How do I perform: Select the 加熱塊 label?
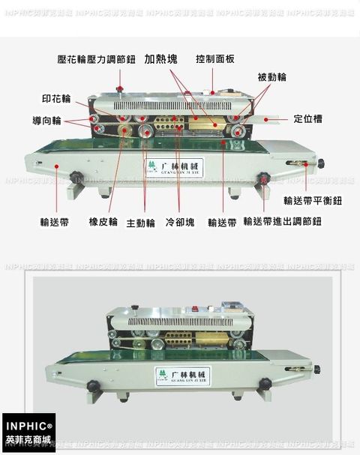(x=163, y=58)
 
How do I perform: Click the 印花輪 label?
(x=56, y=99)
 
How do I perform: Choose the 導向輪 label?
(x=46, y=121)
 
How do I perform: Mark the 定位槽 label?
(x=308, y=118)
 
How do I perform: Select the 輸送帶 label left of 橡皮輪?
(x=55, y=223)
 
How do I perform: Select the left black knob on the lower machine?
(x=93, y=386)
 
